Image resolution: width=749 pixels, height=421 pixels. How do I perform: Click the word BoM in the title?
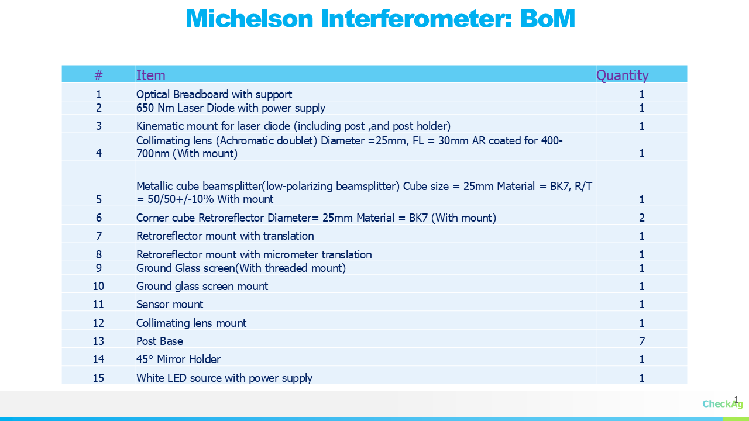(x=547, y=18)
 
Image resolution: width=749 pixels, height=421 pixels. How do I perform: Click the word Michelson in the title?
(x=249, y=18)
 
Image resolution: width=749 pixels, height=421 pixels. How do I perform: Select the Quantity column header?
(x=622, y=75)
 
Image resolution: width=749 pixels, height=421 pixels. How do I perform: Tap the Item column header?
(x=150, y=75)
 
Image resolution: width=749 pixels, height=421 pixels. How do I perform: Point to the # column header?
(x=98, y=75)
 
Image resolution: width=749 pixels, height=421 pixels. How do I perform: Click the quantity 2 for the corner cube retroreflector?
(x=642, y=218)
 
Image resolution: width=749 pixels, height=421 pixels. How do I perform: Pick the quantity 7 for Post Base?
(x=642, y=341)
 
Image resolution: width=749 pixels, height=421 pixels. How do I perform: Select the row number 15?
(x=98, y=378)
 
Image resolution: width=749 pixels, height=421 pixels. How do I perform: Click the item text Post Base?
(x=160, y=341)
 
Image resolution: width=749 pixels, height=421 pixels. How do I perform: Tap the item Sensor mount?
(x=170, y=305)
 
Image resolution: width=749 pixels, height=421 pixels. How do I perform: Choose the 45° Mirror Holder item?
(x=178, y=359)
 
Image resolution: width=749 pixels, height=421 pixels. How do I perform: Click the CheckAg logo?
(x=722, y=403)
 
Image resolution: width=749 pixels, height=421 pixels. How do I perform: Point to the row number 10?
(x=98, y=287)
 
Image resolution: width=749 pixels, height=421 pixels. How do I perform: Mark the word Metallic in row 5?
(x=155, y=186)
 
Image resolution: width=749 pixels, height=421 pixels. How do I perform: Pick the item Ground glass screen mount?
(x=202, y=287)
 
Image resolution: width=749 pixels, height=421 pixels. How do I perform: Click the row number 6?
(x=99, y=218)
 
